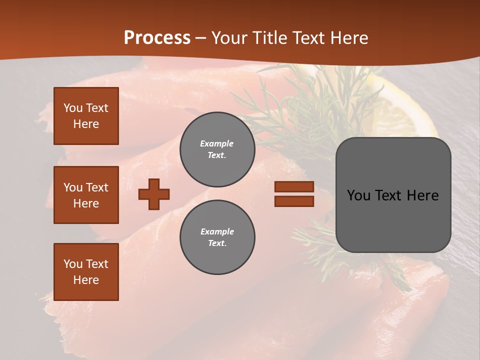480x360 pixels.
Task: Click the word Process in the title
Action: click(157, 38)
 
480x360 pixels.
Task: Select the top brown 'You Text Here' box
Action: click(86, 116)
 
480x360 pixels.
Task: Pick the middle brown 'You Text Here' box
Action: click(86, 195)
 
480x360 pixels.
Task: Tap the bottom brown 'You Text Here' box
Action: click(86, 272)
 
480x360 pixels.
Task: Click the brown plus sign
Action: click(154, 194)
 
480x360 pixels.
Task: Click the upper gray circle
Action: click(217, 149)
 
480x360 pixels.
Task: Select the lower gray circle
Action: click(217, 237)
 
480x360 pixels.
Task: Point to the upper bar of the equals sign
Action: click(294, 186)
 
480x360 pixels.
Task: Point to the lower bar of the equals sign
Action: click(294, 201)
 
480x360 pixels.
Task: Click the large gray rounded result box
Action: click(393, 195)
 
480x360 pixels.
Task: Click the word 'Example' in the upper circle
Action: click(216, 143)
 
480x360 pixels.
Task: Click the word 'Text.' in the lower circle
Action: click(217, 243)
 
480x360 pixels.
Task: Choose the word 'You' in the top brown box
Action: click(73, 108)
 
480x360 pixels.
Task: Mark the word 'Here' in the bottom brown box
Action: click(86, 280)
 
